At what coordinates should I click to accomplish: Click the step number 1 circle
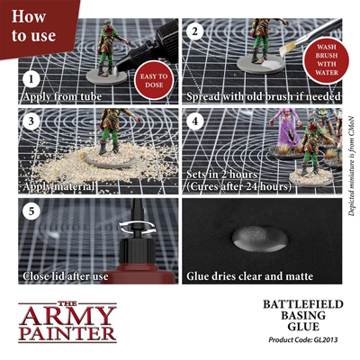(x=31, y=79)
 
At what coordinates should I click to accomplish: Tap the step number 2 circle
(x=195, y=31)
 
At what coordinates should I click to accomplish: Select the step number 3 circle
(x=31, y=121)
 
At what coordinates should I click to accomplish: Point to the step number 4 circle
(x=195, y=121)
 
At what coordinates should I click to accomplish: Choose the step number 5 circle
(x=31, y=211)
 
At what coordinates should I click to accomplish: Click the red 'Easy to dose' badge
(x=154, y=80)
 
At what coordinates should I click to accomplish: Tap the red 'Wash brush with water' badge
(x=327, y=59)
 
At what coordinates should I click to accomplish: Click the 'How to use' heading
(x=33, y=26)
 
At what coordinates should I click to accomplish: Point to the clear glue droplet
(x=260, y=238)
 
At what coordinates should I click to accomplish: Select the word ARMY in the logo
(x=67, y=317)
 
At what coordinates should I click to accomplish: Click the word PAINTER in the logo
(x=67, y=334)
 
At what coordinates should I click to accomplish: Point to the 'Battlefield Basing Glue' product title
(x=303, y=315)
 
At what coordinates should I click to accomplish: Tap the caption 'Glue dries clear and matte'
(x=250, y=276)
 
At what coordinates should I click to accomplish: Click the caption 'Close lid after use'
(x=66, y=276)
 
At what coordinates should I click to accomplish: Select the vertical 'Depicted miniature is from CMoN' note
(x=352, y=166)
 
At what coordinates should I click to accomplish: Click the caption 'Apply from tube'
(x=62, y=96)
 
